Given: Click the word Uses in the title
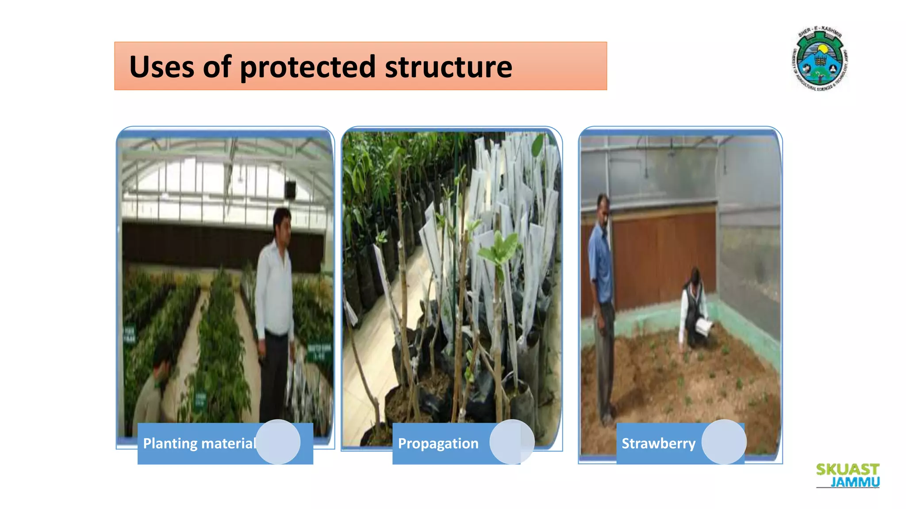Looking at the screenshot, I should pyautogui.click(x=161, y=67).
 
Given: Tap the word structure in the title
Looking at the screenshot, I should pyautogui.click(x=448, y=67).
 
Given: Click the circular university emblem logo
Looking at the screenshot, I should pyautogui.click(x=820, y=60).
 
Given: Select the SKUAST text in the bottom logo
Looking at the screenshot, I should pyautogui.click(x=847, y=469).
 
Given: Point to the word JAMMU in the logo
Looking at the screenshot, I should pyautogui.click(x=855, y=482).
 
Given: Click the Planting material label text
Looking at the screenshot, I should pyautogui.click(x=199, y=443).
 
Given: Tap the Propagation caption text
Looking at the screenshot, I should pyautogui.click(x=438, y=443).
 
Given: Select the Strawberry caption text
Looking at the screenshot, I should pyautogui.click(x=658, y=443).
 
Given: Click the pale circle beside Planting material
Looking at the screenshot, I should pyautogui.click(x=278, y=442).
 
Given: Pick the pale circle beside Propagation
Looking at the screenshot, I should pyautogui.click(x=512, y=442).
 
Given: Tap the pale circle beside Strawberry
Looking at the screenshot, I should pyautogui.click(x=724, y=442).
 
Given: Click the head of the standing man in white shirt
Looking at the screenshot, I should pyautogui.click(x=282, y=222).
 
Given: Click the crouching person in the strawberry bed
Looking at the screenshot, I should pyautogui.click(x=695, y=309).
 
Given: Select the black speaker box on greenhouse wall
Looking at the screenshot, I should pyautogui.click(x=290, y=189).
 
